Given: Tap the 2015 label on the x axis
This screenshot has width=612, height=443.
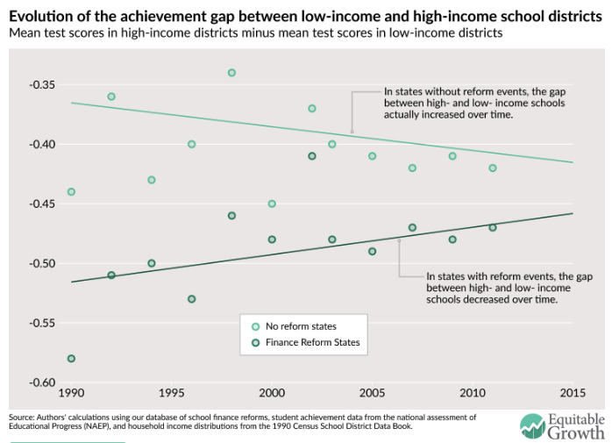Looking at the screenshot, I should click(573, 391).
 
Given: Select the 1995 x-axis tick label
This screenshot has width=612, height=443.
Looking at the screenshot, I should click(171, 391).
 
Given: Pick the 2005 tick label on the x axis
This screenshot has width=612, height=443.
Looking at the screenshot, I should click(373, 391).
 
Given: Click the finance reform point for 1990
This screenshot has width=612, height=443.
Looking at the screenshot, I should click(71, 359).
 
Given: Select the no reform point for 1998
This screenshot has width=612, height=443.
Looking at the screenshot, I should click(231, 73).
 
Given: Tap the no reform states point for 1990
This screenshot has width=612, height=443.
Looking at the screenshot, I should click(71, 192).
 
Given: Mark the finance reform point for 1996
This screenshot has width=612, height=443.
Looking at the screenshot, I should click(191, 299).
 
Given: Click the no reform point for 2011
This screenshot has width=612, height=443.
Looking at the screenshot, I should click(493, 168).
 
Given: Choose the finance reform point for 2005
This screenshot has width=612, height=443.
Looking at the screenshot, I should click(373, 252).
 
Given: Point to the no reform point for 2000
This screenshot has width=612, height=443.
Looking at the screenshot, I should click(272, 204).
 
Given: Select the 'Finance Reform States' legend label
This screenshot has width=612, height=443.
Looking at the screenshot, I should click(313, 342).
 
